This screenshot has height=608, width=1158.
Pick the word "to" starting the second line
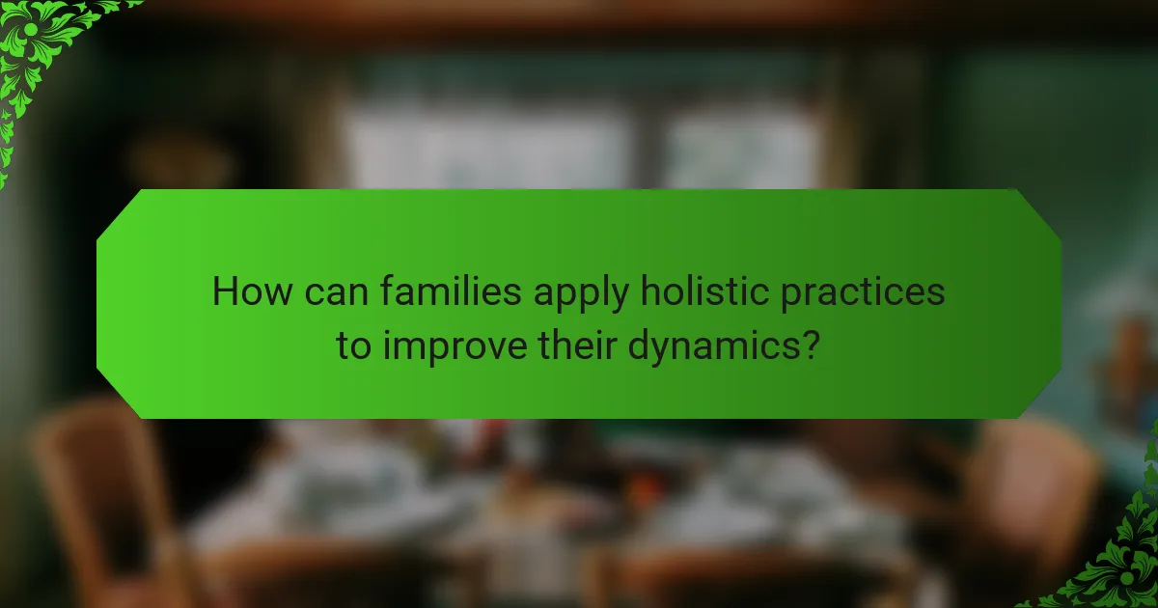point(353,345)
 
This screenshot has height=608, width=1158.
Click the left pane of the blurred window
point(482,145)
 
